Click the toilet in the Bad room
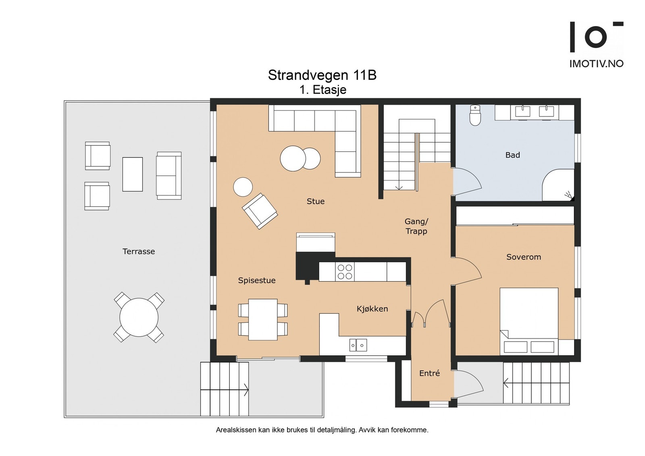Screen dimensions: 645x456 [x=475, y=115]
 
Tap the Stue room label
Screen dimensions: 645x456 [x=316, y=201]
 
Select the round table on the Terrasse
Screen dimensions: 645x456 [x=139, y=317]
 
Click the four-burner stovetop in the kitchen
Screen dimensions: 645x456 [x=345, y=272]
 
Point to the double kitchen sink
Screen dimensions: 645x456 [x=358, y=345]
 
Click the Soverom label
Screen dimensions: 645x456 [x=524, y=257]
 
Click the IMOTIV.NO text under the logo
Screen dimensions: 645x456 [x=596, y=64]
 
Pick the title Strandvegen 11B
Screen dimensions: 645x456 [x=322, y=75]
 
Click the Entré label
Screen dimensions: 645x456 [x=430, y=373]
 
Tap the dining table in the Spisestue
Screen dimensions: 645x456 [x=263, y=319]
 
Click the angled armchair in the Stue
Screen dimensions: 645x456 [x=260, y=211]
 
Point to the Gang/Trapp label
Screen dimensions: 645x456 [x=416, y=226]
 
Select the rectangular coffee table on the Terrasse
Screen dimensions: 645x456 [x=133, y=174]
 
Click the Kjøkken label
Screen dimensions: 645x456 [x=372, y=309]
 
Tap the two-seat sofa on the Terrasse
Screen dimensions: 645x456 [x=169, y=176]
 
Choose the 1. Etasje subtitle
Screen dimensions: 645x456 [x=323, y=90]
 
